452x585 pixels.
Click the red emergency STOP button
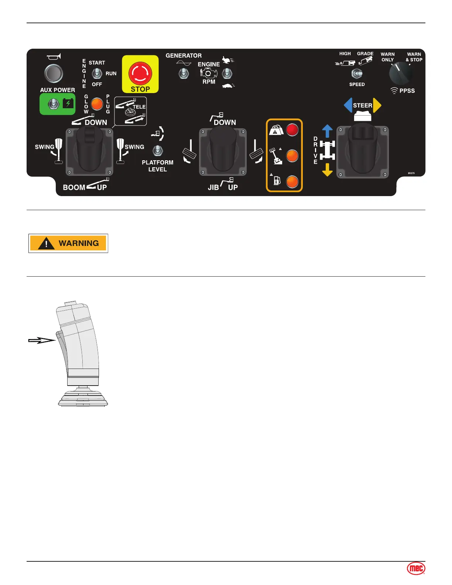pyautogui.click(x=140, y=73)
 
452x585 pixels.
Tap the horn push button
pyautogui.click(x=54, y=73)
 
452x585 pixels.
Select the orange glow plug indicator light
pyautogui.click(x=97, y=104)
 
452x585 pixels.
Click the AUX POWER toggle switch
pyautogui.click(x=54, y=104)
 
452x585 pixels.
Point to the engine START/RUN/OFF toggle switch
pyautogui.click(x=97, y=73)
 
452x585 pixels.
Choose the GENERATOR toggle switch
pyautogui.click(x=184, y=73)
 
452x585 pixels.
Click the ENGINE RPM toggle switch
pyautogui.click(x=227, y=73)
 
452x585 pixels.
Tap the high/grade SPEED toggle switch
pyautogui.click(x=357, y=74)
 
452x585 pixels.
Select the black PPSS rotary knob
pyautogui.click(x=400, y=73)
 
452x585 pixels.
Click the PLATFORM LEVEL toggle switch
pyautogui.click(x=158, y=150)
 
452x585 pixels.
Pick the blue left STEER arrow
pyautogui.click(x=348, y=105)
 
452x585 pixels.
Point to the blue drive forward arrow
pyautogui.click(x=327, y=131)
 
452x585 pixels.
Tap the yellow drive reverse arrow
pyautogui.click(x=327, y=170)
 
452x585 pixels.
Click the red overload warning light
pyautogui.click(x=292, y=130)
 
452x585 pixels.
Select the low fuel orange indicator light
pyautogui.click(x=292, y=182)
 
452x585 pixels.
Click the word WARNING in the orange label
pyautogui.click(x=79, y=243)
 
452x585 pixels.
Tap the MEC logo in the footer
pyautogui.click(x=416, y=568)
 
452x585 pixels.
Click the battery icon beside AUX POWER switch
pyautogui.click(x=68, y=103)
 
